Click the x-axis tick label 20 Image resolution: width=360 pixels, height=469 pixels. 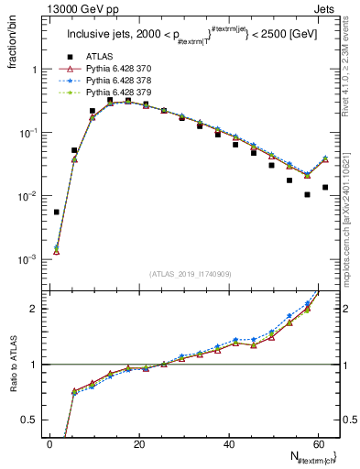click(x=139, y=442)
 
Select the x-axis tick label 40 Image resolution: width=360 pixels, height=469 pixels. click(x=229, y=442)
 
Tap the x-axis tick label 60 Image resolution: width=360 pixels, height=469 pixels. click(x=319, y=442)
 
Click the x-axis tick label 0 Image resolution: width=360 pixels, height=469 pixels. click(x=49, y=442)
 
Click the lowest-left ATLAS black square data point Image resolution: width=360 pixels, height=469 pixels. click(x=57, y=212)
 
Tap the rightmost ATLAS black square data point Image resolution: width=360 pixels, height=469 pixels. click(x=325, y=187)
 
